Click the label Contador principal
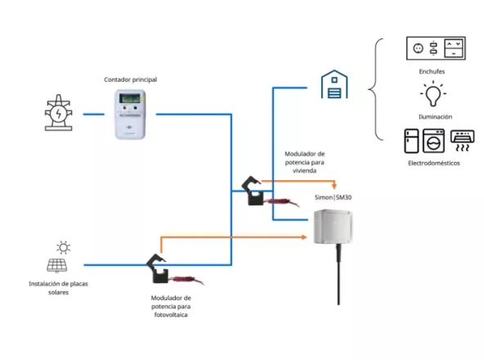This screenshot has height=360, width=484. [130, 79]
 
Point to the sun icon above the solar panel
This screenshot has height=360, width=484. [62, 245]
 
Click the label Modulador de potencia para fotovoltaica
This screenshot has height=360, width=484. [172, 306]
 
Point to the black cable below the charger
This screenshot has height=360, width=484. [336, 278]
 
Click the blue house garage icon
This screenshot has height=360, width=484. [333, 84]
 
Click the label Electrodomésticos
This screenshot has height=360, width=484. [434, 163]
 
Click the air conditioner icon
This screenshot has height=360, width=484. [463, 140]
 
